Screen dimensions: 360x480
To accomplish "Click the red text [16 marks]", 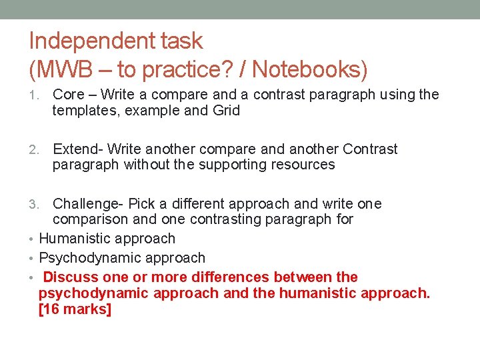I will point(75,309).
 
